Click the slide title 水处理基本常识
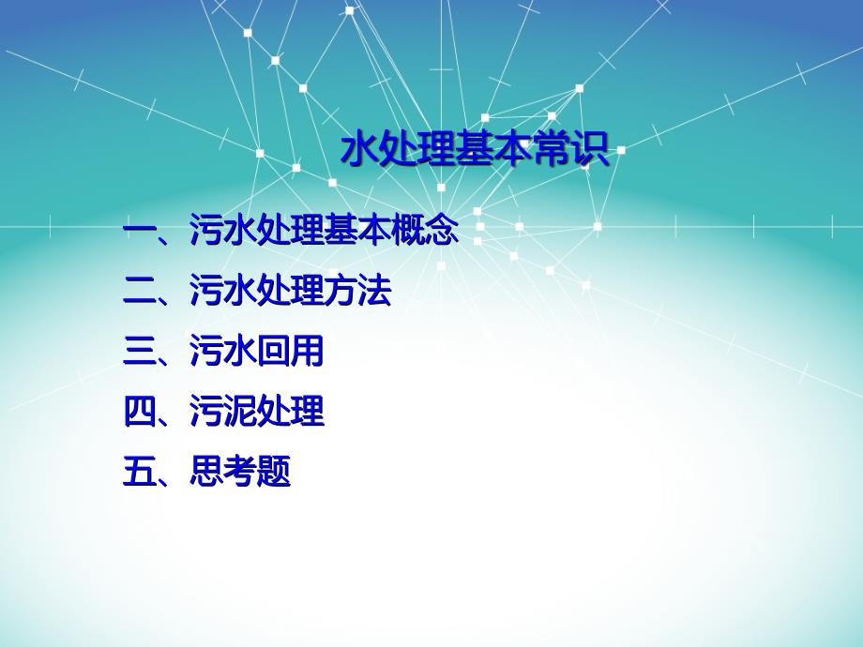coord(476,148)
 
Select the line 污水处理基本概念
coord(324,229)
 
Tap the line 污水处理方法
coord(290,290)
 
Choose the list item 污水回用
coord(256,351)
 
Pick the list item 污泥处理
coord(256,411)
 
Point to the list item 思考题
coord(240,471)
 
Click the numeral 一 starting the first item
coord(139,229)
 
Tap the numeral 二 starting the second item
coord(139,290)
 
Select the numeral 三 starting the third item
coord(139,351)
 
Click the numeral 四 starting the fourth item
coord(139,411)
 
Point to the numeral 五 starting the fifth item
coord(139,472)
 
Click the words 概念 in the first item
coord(425,229)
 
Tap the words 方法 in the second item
coord(357,290)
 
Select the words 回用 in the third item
coord(290,351)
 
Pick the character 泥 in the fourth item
coord(240,411)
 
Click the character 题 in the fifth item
coord(274,471)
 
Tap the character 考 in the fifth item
coord(240,471)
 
